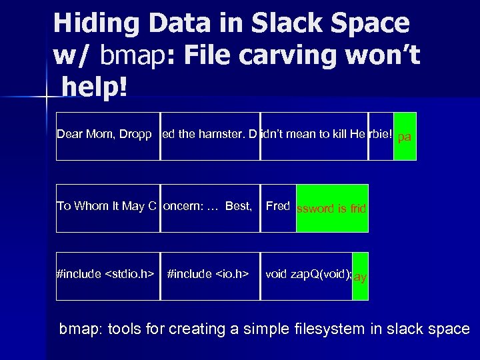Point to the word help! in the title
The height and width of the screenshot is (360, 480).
(95, 89)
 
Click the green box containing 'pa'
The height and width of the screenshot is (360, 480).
(405, 137)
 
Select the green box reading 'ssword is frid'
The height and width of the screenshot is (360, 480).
(332, 208)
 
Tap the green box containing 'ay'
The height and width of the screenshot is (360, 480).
(360, 276)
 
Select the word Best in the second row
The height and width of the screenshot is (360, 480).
(238, 206)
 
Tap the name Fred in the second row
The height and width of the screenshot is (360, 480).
(278, 205)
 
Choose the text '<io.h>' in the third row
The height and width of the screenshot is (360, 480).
(231, 273)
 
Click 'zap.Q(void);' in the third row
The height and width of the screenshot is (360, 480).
(323, 273)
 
